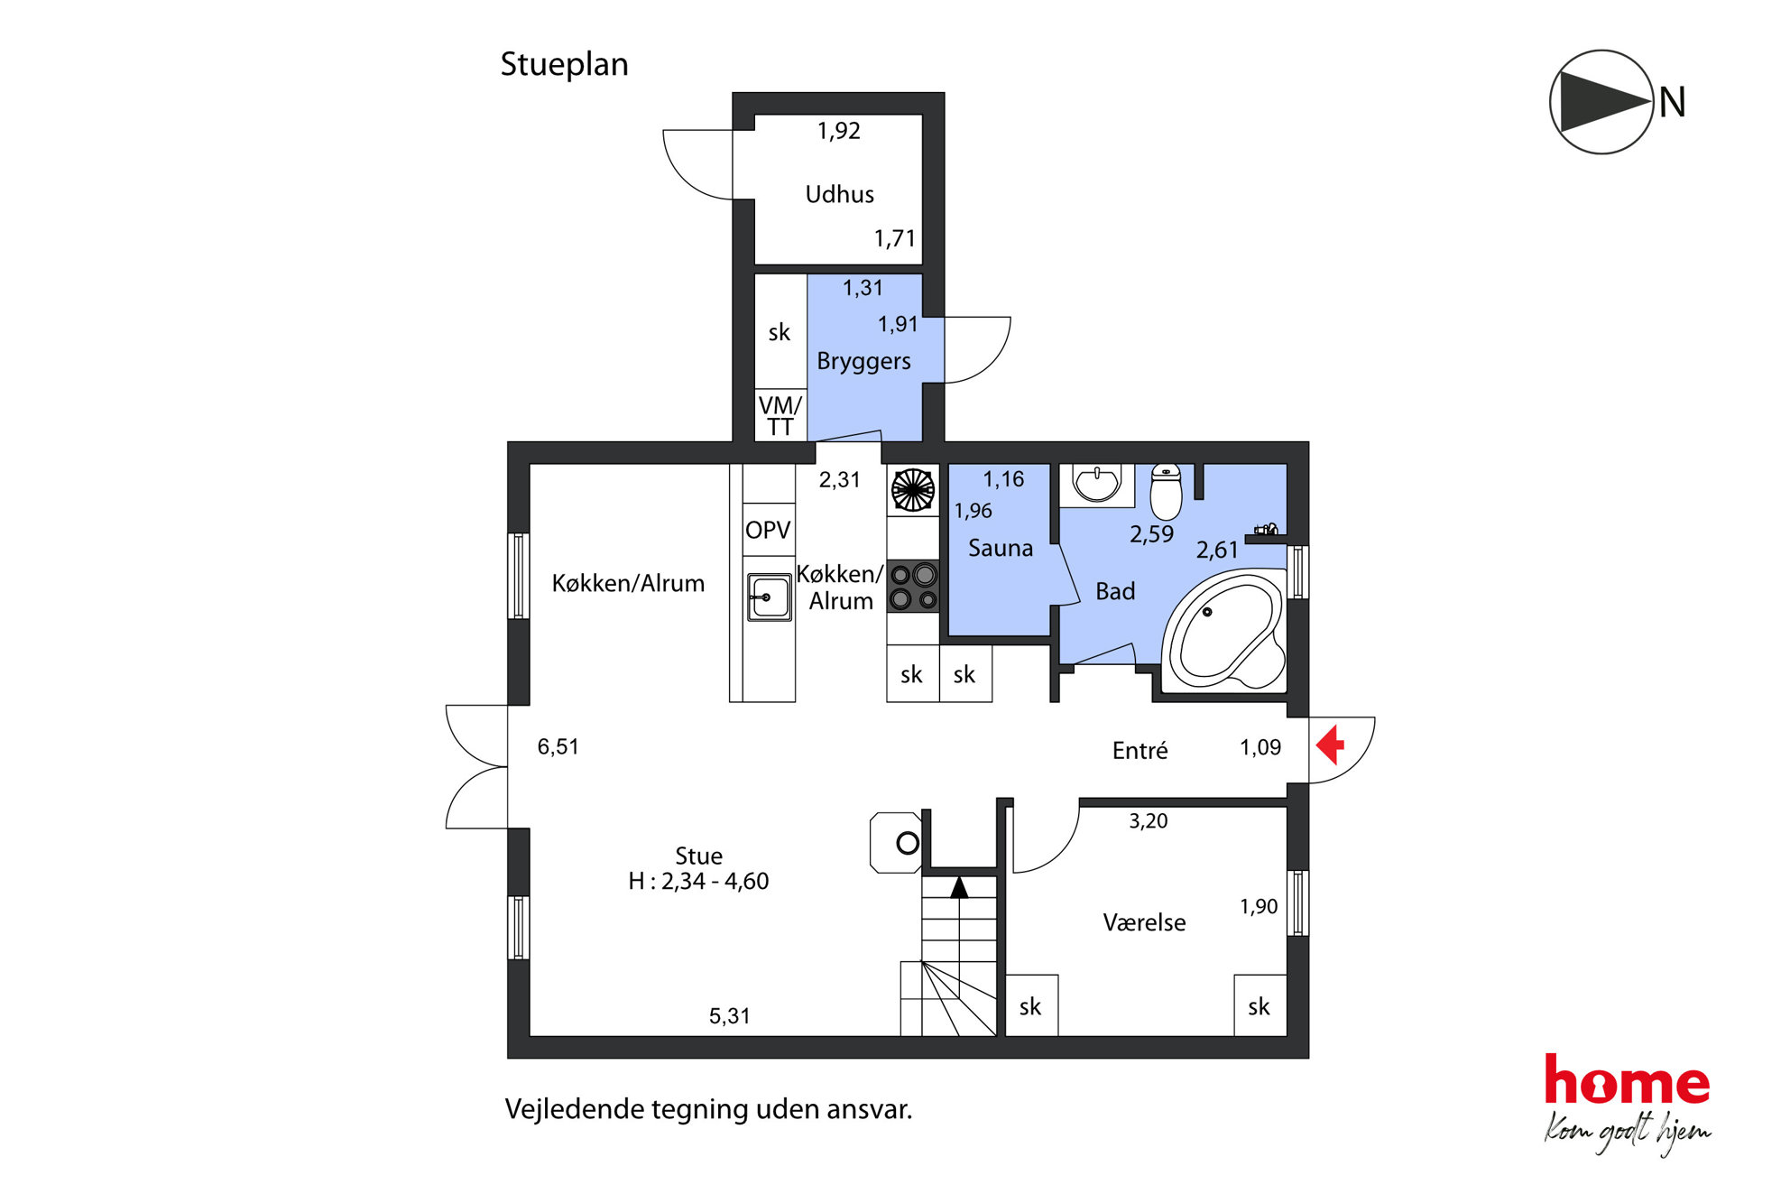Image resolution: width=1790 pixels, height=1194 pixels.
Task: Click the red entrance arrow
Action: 1330,746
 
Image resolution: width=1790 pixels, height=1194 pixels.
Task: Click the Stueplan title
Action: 564,65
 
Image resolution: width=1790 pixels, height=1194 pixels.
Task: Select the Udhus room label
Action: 839,194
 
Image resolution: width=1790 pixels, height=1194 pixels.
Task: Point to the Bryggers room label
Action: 863,362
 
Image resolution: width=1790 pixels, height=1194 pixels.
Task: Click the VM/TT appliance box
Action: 780,415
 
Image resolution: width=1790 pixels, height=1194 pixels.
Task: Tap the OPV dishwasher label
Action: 768,530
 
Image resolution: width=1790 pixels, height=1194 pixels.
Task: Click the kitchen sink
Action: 769,597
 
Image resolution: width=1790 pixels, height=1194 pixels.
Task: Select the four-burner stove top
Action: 913,587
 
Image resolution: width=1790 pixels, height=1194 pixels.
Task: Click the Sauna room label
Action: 1001,548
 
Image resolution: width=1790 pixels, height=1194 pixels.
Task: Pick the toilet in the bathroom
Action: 1166,492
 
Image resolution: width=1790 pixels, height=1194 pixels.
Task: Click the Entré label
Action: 1140,750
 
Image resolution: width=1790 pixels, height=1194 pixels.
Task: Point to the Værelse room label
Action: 1144,922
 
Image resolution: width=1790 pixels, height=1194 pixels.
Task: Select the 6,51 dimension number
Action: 558,746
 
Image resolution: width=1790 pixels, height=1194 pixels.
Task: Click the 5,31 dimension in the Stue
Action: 729,1016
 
